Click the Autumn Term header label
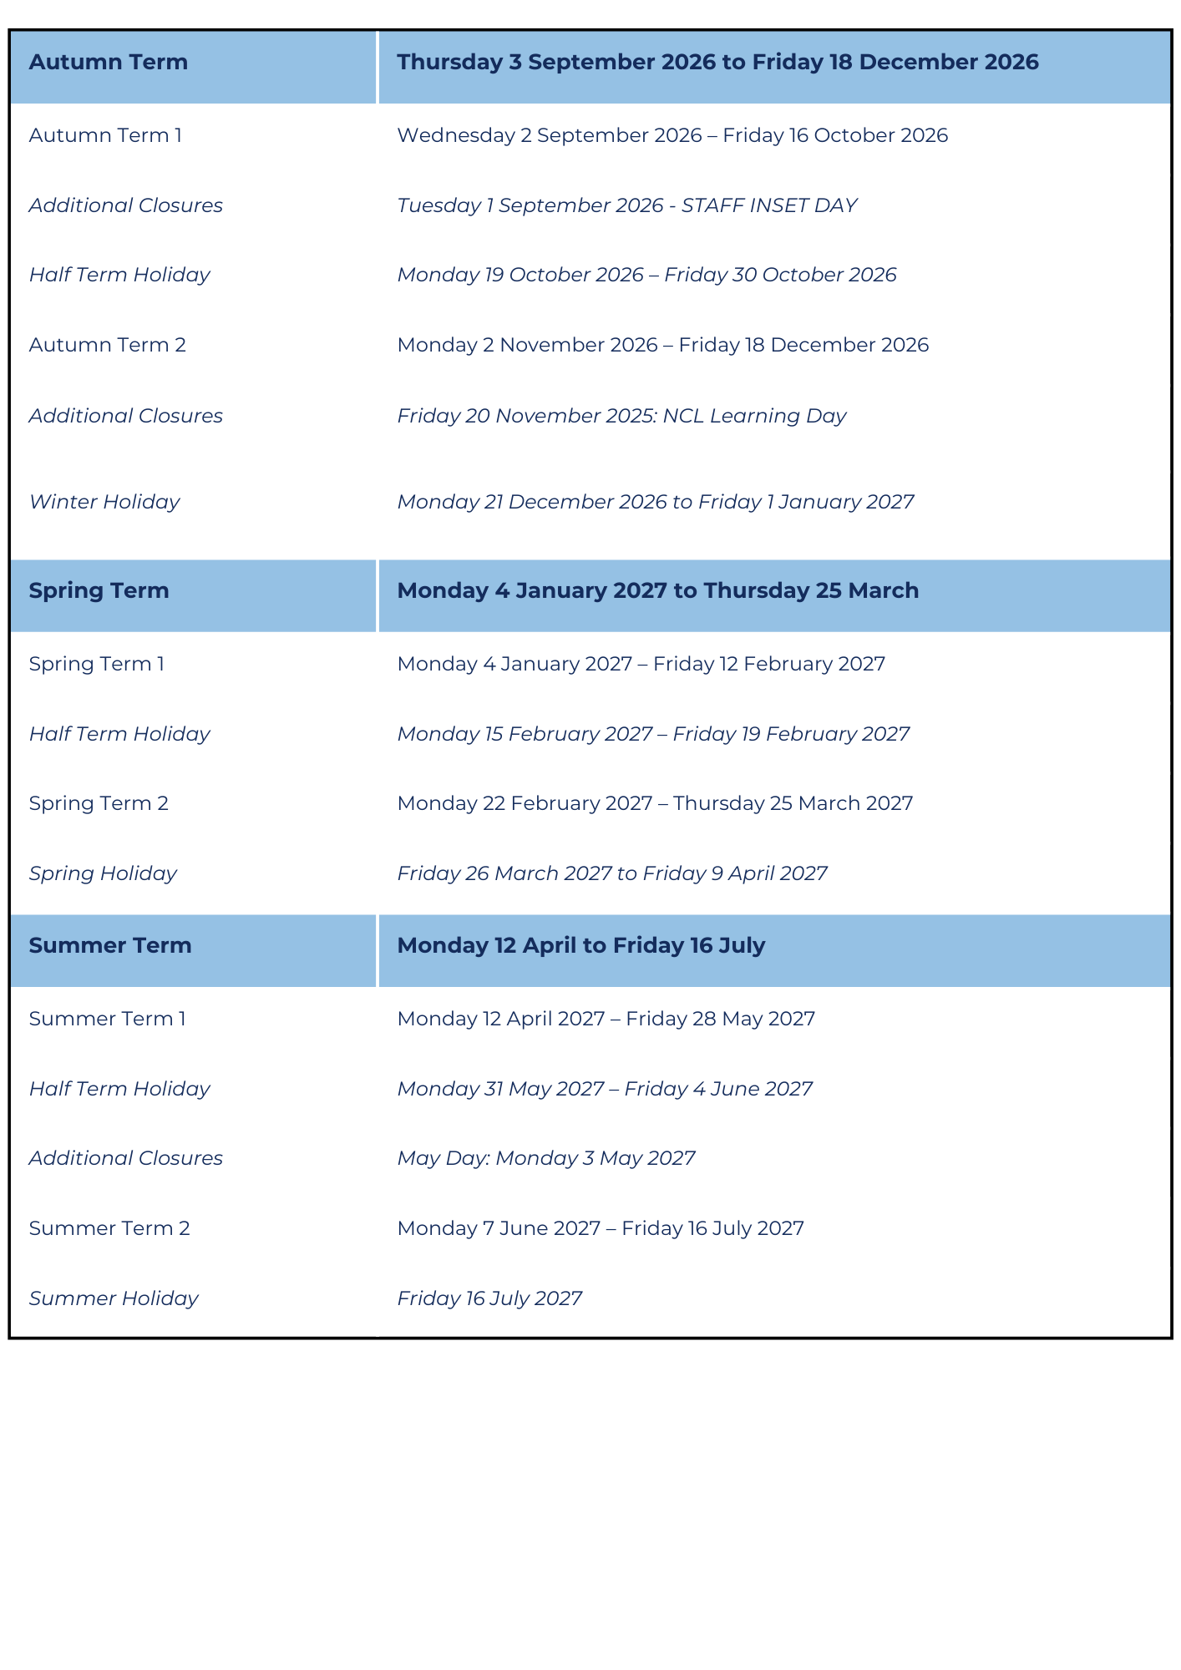pyautogui.click(x=109, y=63)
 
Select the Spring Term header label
pyautogui.click(x=99, y=591)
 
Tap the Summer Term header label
pyautogui.click(x=110, y=946)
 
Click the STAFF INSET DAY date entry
pyautogui.click(x=627, y=205)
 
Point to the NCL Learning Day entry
pyautogui.click(x=621, y=416)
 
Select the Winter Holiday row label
pyautogui.click(x=104, y=502)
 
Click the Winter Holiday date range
pyautogui.click(x=656, y=502)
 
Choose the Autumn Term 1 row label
pyautogui.click(x=105, y=135)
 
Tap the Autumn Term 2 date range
pyautogui.click(x=662, y=345)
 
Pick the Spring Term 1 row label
pyautogui.click(x=97, y=664)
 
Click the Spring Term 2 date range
pyautogui.click(x=655, y=803)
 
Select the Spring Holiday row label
pyautogui.click(x=103, y=873)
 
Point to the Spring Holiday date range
pyautogui.click(x=612, y=873)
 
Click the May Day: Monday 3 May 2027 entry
pyautogui.click(x=546, y=1158)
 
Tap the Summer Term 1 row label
pyautogui.click(x=108, y=1019)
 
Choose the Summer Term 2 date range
pyautogui.click(x=601, y=1228)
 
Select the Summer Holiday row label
pyautogui.click(x=114, y=1298)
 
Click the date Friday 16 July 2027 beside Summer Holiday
pyautogui.click(x=489, y=1298)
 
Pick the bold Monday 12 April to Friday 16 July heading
pyautogui.click(x=581, y=946)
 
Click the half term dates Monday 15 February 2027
pyautogui.click(x=653, y=734)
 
